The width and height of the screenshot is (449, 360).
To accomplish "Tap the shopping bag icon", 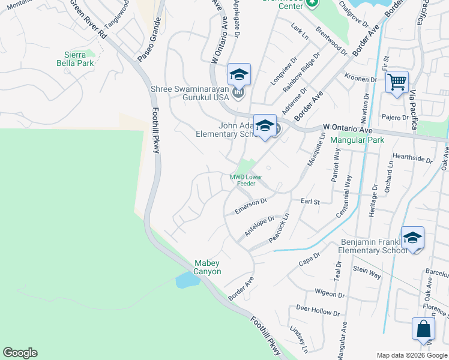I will [x=423, y=329].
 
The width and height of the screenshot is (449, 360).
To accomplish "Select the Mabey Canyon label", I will [x=208, y=267].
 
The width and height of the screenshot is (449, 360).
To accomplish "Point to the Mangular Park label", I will [x=362, y=140].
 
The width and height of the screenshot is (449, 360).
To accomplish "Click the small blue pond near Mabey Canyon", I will [x=187, y=280].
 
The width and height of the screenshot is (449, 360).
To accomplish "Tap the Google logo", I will [x=20, y=353].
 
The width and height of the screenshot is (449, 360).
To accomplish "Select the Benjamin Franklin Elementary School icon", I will [x=412, y=237].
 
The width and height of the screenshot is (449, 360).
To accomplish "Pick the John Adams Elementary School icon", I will [x=264, y=125].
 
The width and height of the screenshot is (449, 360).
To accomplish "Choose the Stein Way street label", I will [x=367, y=272].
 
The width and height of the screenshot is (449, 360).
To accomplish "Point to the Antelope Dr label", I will [x=259, y=226].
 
